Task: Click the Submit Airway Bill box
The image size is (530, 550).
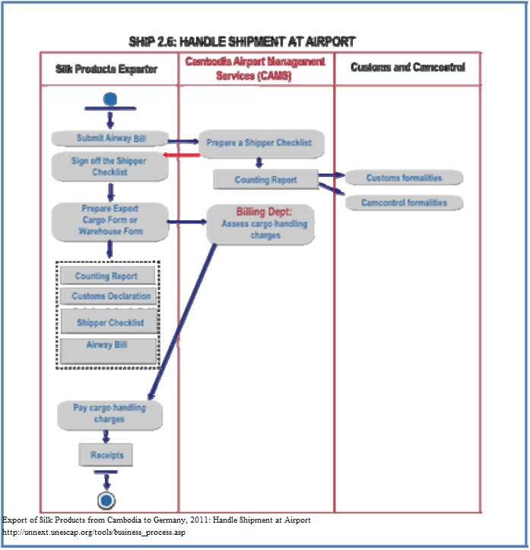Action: point(110,138)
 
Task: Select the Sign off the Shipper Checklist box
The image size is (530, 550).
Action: point(110,166)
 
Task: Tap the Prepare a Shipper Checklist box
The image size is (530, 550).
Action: point(259,143)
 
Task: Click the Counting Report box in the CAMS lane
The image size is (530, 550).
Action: point(265,179)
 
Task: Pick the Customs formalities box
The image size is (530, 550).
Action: point(404,178)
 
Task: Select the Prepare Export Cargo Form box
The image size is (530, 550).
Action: point(110,220)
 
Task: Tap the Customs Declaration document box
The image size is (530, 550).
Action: point(111,296)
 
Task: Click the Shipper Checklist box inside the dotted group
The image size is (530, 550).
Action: point(111,322)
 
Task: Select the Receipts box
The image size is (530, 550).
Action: point(106,455)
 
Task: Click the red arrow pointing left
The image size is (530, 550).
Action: point(183,155)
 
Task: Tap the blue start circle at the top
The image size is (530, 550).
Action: point(110,99)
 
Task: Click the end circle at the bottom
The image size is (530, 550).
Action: point(106,500)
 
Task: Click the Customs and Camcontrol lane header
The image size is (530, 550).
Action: point(408,68)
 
